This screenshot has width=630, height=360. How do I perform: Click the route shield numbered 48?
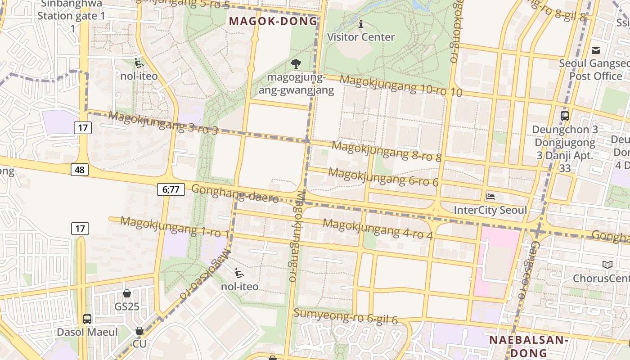[x=79, y=170]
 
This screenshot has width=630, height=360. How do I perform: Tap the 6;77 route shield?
[x=171, y=189]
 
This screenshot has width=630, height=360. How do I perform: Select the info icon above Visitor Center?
[x=360, y=24]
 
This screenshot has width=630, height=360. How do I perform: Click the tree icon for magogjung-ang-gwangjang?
[x=296, y=64]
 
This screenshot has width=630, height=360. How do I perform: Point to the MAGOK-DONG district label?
[x=274, y=21]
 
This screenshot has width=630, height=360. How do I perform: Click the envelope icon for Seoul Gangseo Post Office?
[x=596, y=50]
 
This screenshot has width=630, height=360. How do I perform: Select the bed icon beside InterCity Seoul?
[x=490, y=197]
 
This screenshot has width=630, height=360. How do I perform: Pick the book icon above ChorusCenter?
[x=607, y=265]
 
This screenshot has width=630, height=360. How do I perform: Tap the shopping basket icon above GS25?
[x=127, y=293]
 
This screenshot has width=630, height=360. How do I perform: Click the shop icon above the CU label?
[x=139, y=331]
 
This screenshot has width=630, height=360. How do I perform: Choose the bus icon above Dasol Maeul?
[x=87, y=319]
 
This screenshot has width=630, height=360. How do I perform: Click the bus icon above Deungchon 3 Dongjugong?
[x=565, y=116]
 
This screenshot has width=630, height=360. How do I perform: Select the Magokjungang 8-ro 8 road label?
[x=387, y=152]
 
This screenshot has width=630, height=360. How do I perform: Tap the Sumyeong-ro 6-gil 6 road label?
[x=346, y=316]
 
